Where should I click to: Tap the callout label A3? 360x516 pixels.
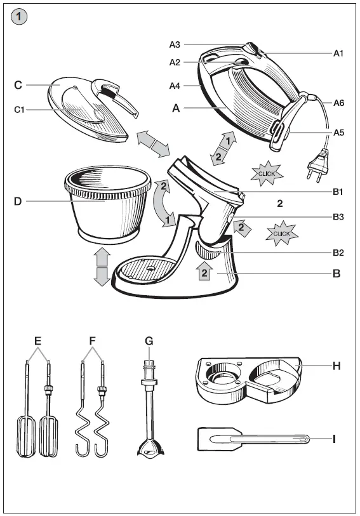click(175, 44)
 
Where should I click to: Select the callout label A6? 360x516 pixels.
click(339, 102)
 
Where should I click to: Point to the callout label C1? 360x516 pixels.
click(20, 109)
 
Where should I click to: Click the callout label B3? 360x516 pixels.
click(338, 217)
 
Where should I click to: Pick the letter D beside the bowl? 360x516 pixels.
click(18, 202)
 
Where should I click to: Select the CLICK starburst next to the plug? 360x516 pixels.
click(266, 173)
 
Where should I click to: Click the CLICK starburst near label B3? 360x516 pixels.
click(281, 234)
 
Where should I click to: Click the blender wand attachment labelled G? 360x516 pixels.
click(149, 413)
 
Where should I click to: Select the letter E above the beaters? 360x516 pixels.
click(37, 341)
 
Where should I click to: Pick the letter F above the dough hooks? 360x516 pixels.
click(93, 341)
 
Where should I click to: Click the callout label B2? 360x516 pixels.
click(338, 253)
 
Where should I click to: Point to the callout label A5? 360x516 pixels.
click(339, 133)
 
